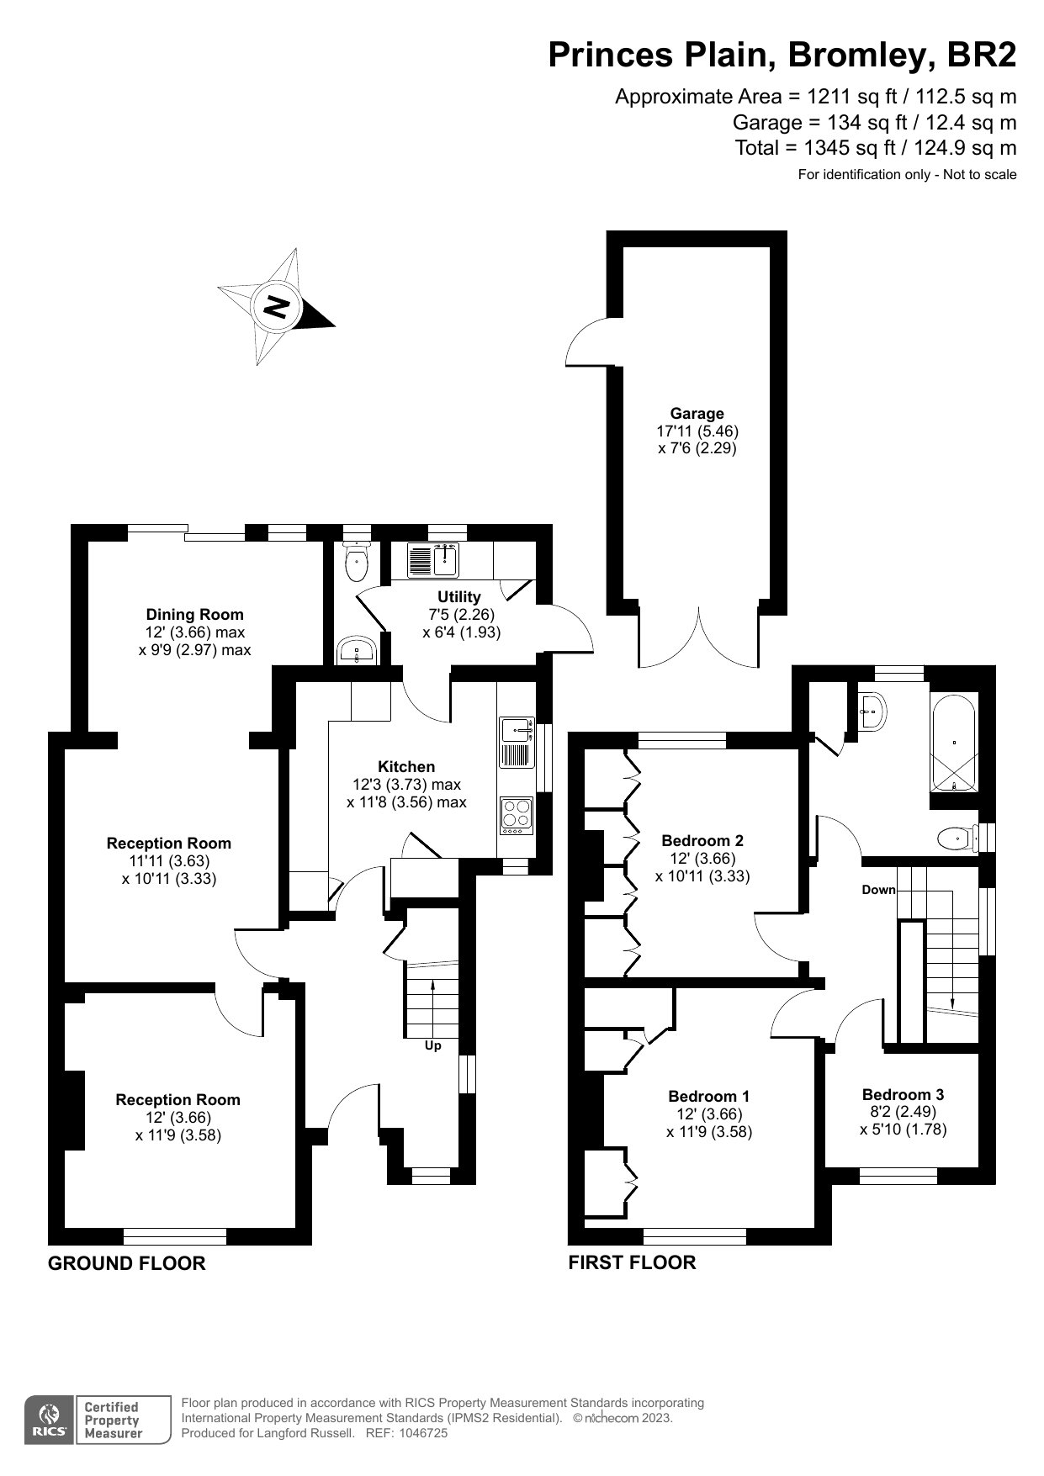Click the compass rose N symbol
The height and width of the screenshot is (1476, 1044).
[277, 307]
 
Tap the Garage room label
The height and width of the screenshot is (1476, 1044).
[697, 413]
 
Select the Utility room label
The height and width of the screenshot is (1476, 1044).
[458, 597]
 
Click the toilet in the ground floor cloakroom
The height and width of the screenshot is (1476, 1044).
[358, 563]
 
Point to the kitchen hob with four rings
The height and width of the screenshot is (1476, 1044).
[517, 814]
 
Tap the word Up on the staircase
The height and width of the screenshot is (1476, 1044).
[432, 1045]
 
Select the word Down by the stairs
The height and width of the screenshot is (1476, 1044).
[878, 890]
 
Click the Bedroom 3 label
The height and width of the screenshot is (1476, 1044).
[903, 1094]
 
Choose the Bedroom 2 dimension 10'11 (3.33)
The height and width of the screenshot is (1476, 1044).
[702, 876]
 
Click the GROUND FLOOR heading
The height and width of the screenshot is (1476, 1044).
[126, 1263]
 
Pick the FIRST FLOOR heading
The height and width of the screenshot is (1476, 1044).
[632, 1262]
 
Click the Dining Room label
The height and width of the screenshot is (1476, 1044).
[194, 615]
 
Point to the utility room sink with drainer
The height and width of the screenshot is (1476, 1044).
[432, 560]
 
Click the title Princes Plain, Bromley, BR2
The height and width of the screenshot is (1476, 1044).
[782, 56]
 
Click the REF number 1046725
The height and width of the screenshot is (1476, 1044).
[424, 1433]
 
